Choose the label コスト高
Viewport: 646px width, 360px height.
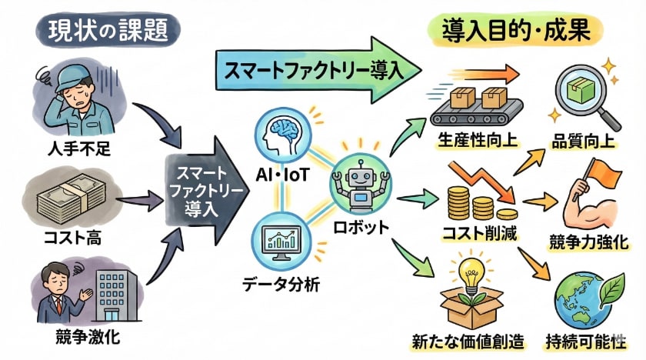coord(74,238)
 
